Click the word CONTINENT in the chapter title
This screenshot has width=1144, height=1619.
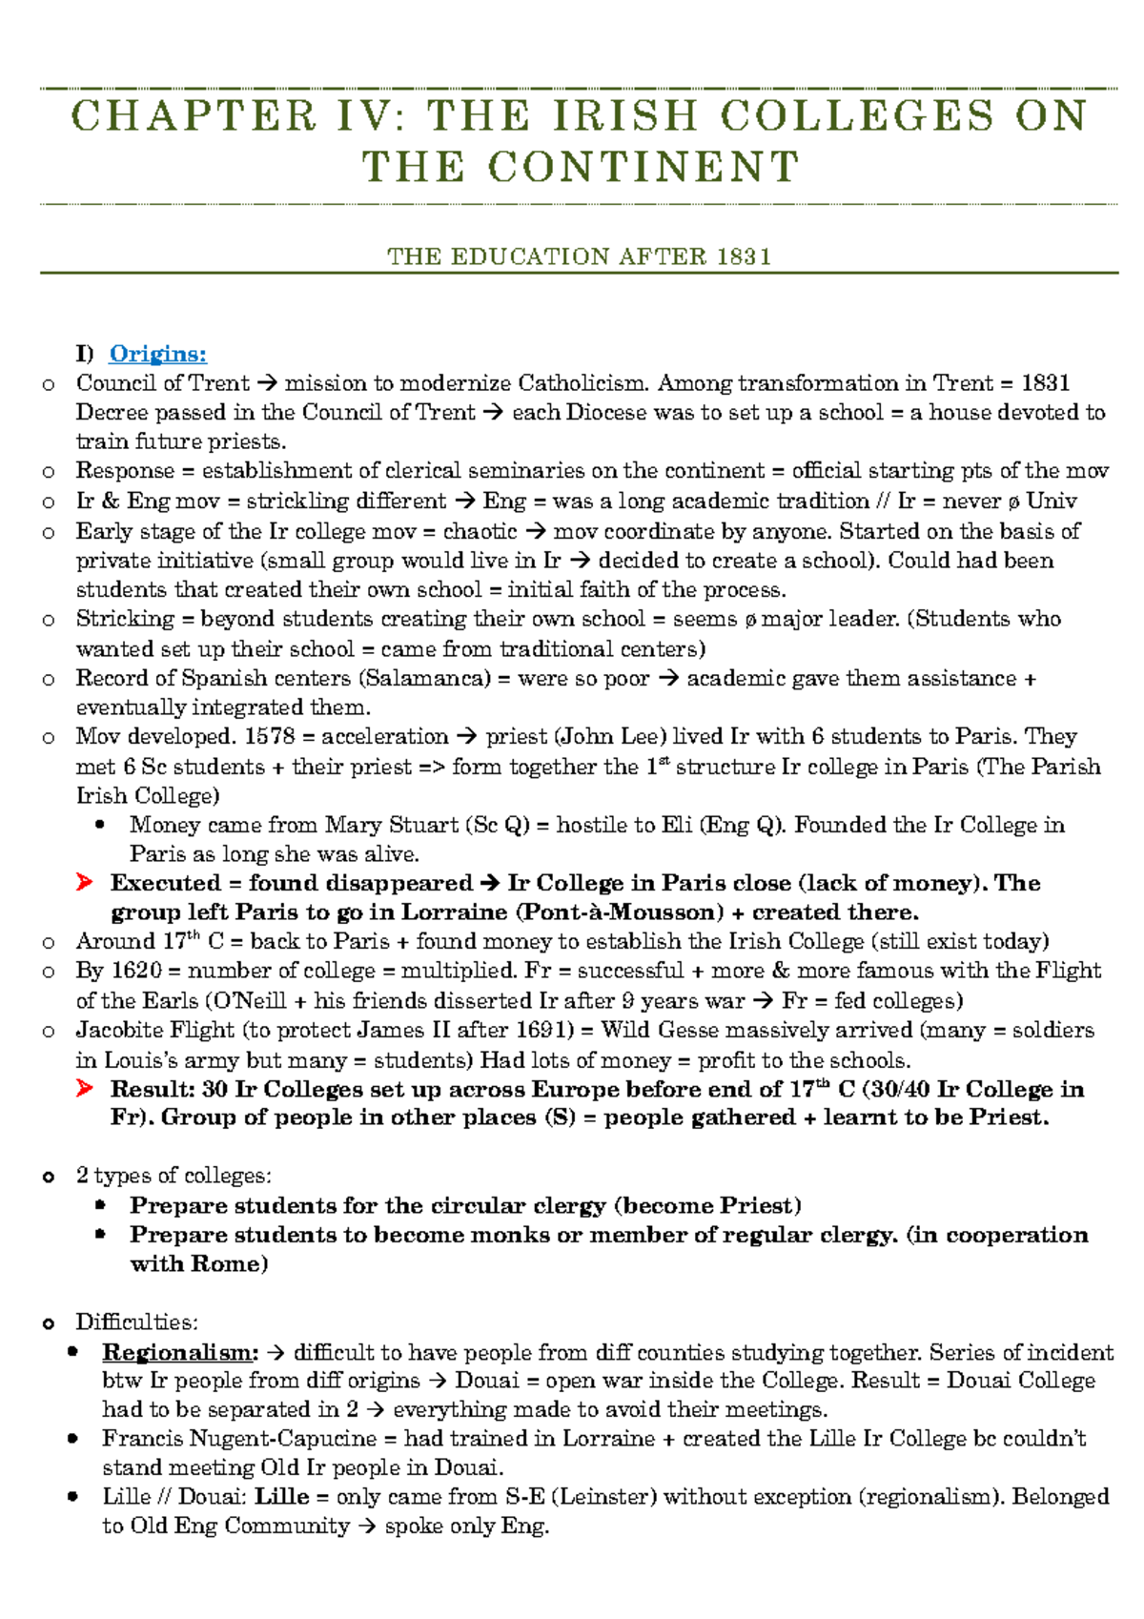(643, 168)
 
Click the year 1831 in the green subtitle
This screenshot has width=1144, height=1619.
(744, 256)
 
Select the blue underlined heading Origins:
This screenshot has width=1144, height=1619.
(157, 354)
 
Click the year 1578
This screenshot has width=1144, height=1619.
(270, 736)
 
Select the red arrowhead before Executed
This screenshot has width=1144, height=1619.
(85, 883)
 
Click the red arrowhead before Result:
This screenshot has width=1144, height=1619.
(85, 1089)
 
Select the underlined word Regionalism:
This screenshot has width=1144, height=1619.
(180, 1352)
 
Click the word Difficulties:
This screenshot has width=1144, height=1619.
(136, 1322)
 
